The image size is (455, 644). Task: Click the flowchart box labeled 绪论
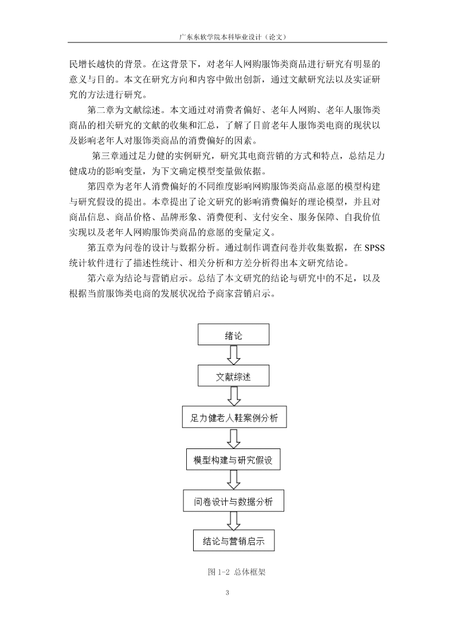(233, 334)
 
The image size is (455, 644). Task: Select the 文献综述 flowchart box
(233, 376)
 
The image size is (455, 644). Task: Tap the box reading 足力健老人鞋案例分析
(234, 417)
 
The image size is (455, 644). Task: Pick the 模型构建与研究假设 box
(233, 459)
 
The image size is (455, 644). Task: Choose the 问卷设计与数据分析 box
(233, 501)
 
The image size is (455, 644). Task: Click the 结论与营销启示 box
(234, 541)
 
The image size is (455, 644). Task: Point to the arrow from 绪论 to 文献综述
(233, 356)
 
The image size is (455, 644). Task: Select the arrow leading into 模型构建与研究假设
(234, 439)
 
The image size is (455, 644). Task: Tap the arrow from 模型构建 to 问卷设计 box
(233, 480)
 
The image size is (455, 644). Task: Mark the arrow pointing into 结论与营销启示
(233, 521)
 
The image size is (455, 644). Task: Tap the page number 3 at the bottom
(227, 592)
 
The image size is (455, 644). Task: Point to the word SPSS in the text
(374, 248)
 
